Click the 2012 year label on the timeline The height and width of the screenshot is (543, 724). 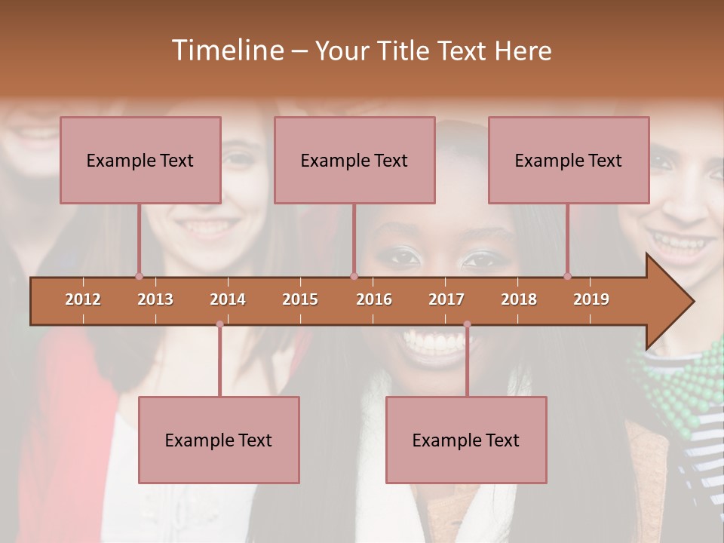click(x=83, y=299)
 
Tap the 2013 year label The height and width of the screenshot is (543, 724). click(x=155, y=299)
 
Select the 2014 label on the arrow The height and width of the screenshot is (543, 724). click(x=228, y=299)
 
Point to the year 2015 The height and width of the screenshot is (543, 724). click(x=300, y=299)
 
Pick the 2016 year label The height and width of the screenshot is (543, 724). click(x=374, y=299)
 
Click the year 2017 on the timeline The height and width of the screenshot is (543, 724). click(x=446, y=299)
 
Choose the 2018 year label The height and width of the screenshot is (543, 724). click(x=519, y=299)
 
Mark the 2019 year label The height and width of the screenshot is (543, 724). click(x=591, y=299)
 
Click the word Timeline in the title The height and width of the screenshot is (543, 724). click(x=227, y=51)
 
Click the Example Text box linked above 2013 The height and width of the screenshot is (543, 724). click(x=140, y=160)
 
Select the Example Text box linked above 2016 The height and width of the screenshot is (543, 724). click(x=354, y=160)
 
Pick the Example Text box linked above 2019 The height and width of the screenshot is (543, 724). click(x=569, y=160)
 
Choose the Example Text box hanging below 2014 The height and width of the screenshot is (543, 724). click(x=219, y=440)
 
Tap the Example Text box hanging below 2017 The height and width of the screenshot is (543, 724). click(x=466, y=440)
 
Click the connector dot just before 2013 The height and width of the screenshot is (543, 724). click(x=139, y=276)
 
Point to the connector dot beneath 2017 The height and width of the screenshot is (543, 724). click(x=467, y=324)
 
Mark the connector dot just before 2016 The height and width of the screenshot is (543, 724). click(x=354, y=276)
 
